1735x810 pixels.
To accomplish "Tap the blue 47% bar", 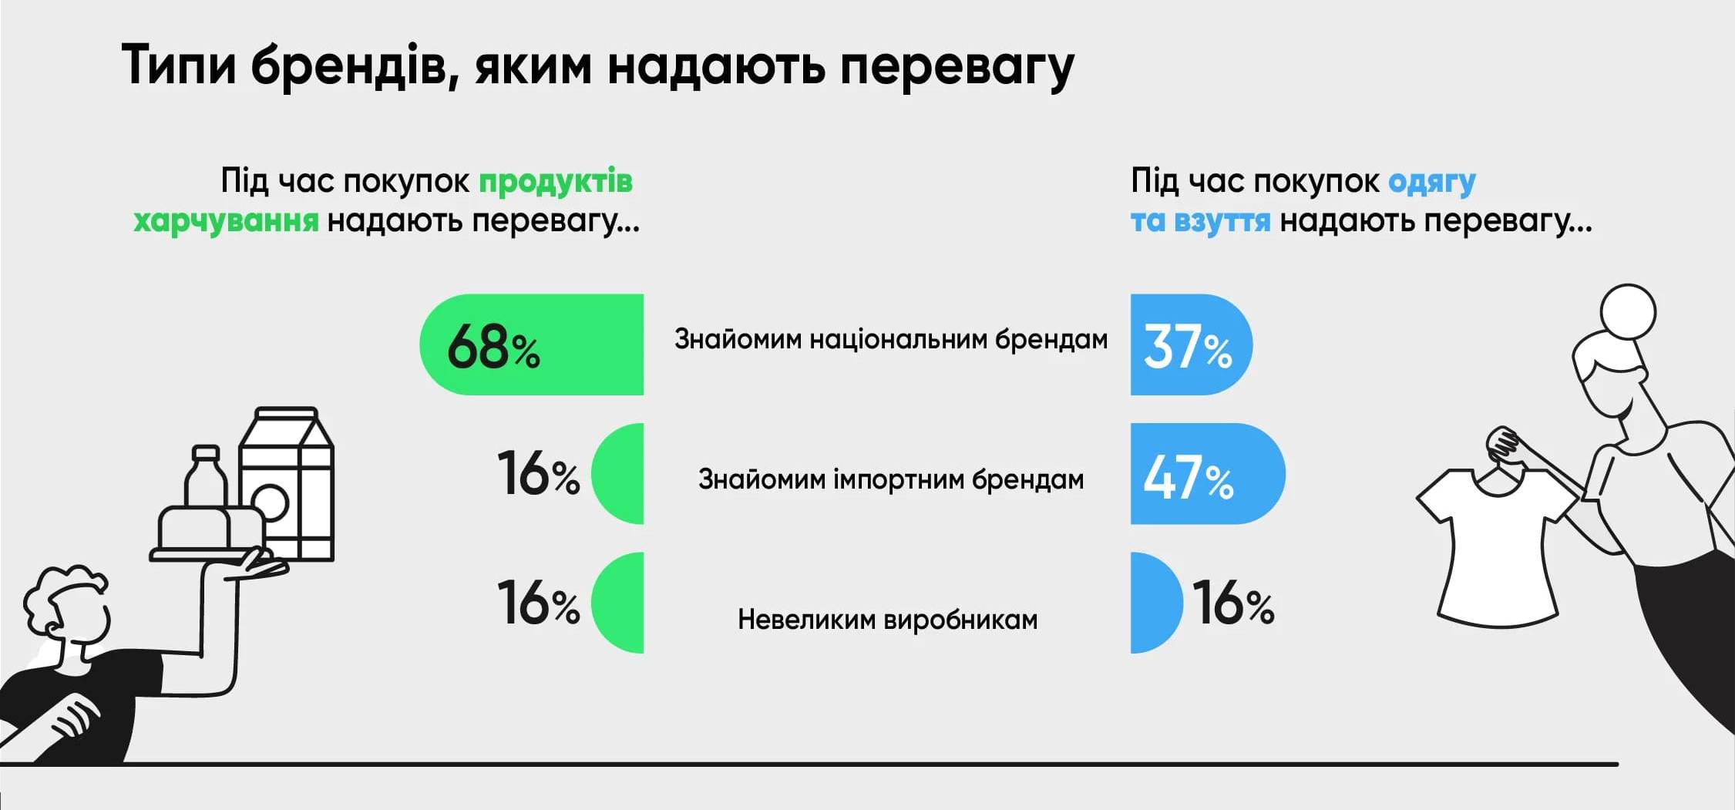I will pyautogui.click(x=1205, y=474).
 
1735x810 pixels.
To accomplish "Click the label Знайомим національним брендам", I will pyautogui.click(x=890, y=339).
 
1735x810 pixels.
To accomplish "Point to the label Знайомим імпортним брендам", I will pyautogui.click(x=890, y=479).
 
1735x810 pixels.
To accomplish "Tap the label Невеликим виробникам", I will pyautogui.click(x=887, y=620).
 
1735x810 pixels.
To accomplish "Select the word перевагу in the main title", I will pyautogui.click(x=956, y=67).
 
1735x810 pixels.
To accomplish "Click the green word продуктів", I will pyautogui.click(x=555, y=182).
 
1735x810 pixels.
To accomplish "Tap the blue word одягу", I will pyautogui.click(x=1431, y=183).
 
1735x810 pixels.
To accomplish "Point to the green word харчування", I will pyautogui.click(x=226, y=221).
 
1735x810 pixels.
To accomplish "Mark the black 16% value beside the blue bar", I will pyautogui.click(x=1233, y=603).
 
